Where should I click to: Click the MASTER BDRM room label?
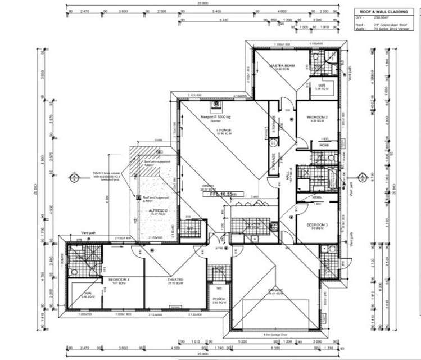[282, 66]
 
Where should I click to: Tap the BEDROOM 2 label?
[317, 117]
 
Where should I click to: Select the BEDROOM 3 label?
[317, 225]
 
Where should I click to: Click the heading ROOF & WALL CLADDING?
[386, 11]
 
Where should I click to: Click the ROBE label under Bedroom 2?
[324, 145]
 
